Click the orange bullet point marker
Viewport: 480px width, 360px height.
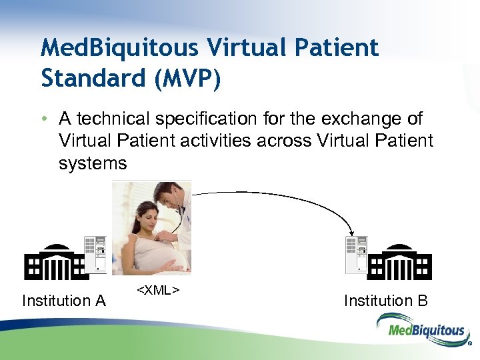[44, 119]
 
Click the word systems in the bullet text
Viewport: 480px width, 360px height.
[92, 163]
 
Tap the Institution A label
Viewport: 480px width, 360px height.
[63, 301]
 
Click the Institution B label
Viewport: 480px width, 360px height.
[385, 301]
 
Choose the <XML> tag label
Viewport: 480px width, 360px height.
[158, 290]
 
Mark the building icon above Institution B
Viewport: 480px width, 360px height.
[399, 263]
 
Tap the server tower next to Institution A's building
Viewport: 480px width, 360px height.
[95, 255]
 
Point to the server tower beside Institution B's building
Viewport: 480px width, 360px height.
[356, 255]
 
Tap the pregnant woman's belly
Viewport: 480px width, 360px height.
[155, 256]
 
